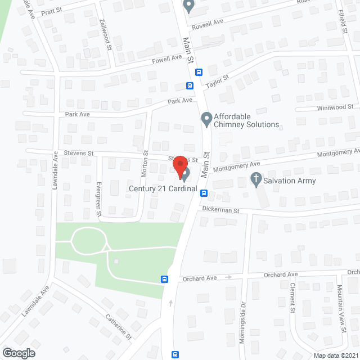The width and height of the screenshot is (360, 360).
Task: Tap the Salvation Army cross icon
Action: tap(256, 181)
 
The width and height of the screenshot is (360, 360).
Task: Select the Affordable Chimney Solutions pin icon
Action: tap(206, 119)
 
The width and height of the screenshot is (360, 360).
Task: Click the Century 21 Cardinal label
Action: tap(163, 189)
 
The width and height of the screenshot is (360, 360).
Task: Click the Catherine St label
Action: tap(118, 326)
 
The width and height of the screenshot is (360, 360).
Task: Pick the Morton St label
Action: tap(146, 161)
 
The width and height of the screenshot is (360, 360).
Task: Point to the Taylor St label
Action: tap(217, 82)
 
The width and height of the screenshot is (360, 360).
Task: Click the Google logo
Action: tap(18, 353)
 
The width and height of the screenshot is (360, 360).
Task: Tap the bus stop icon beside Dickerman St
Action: tap(204, 193)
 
